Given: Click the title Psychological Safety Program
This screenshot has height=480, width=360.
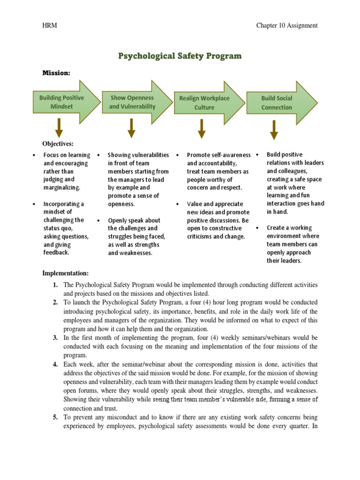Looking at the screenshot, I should (x=180, y=56).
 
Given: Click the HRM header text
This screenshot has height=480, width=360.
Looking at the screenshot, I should (x=50, y=25).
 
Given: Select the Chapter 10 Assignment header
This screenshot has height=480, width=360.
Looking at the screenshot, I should (x=286, y=25).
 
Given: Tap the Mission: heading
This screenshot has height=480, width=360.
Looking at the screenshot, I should (x=56, y=73).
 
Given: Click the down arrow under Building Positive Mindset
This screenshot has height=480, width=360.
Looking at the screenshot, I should (x=59, y=128).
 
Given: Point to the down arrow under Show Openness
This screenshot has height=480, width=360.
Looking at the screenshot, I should (x=131, y=128).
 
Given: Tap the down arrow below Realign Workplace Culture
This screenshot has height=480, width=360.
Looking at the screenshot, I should (x=202, y=128).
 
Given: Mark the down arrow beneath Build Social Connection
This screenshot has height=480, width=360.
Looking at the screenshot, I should (x=274, y=129).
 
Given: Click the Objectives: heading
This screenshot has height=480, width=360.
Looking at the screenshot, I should (x=58, y=144).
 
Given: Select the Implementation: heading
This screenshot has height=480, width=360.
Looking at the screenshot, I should (x=65, y=273).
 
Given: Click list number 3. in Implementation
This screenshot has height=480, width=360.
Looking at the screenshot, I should (x=55, y=337).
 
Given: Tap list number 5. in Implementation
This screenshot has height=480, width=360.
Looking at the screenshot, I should (x=55, y=417).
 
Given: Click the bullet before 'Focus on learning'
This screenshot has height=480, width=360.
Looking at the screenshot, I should (x=34, y=155).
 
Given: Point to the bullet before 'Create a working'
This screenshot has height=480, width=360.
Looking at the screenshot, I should (x=257, y=228).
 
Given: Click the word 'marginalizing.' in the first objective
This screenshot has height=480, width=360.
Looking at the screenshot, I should (x=62, y=187).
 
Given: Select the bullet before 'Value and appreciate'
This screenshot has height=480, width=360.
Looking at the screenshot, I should (x=178, y=204).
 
